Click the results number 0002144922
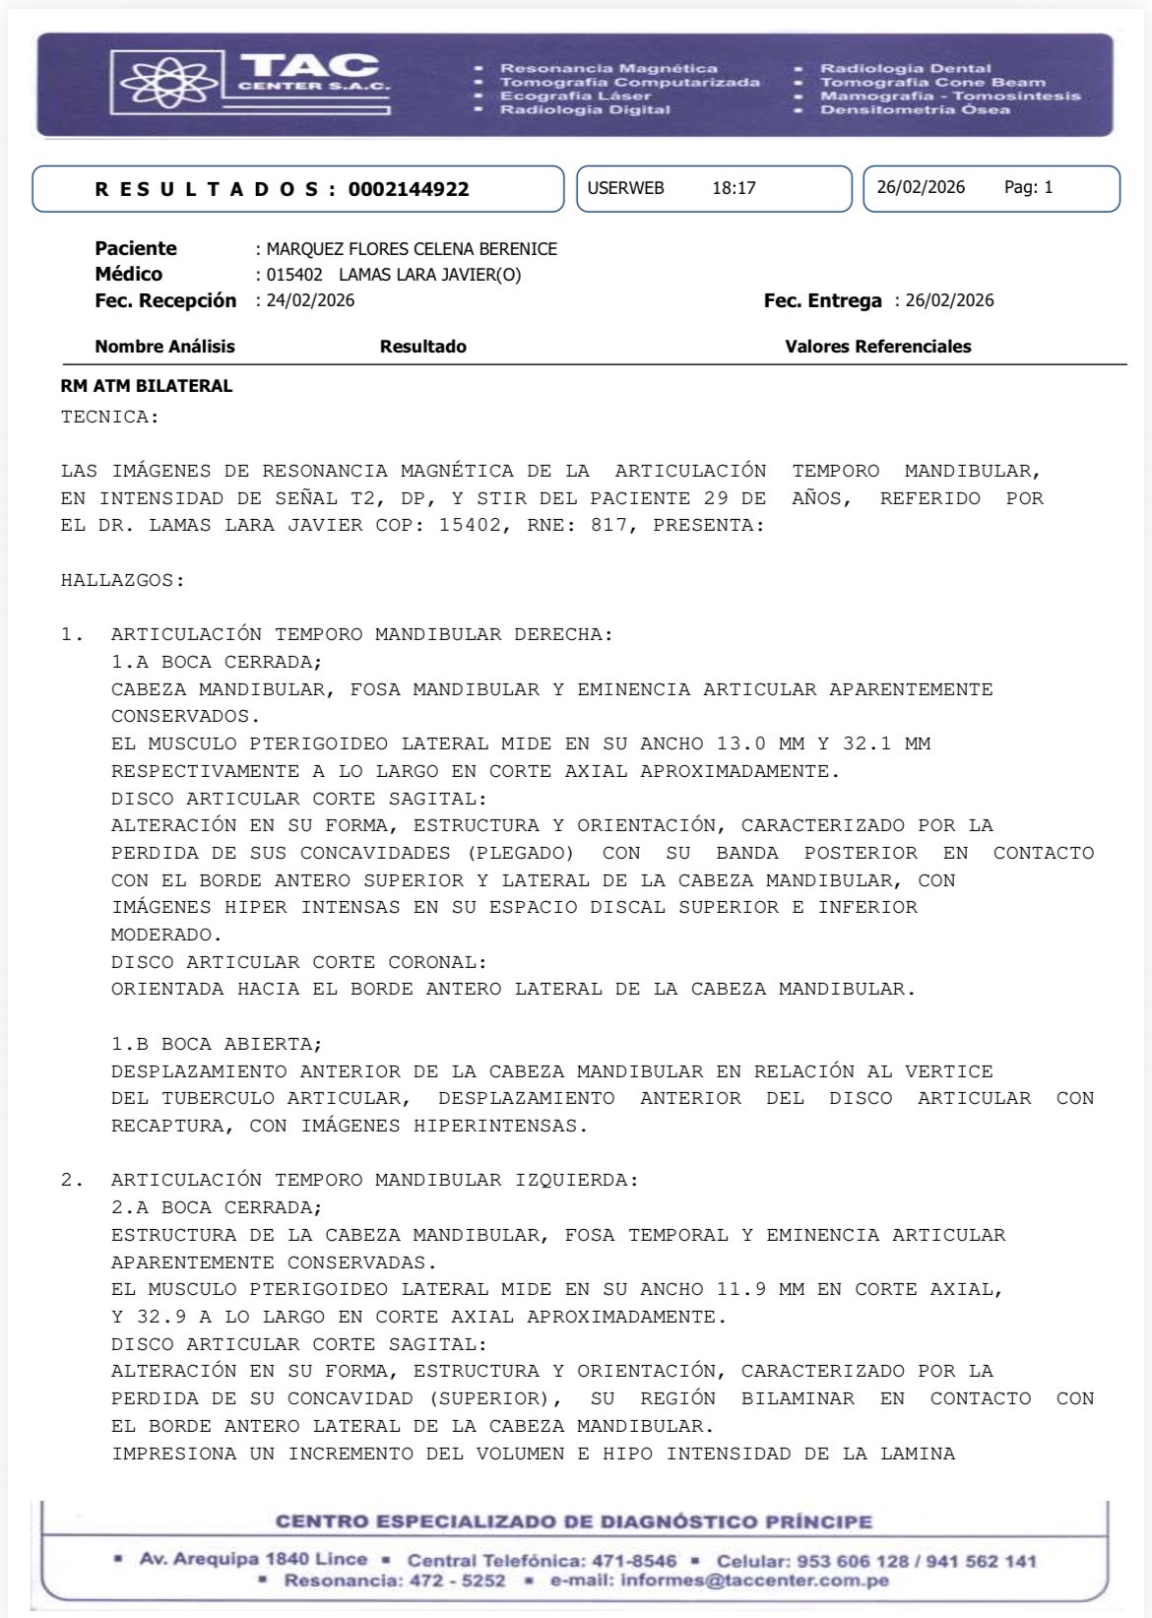coord(409,189)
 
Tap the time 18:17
coord(734,188)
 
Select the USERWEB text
coord(626,188)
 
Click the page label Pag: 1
coord(1028,187)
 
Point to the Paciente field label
coord(136,248)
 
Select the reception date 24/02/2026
coord(310,300)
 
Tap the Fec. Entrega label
coord(822,300)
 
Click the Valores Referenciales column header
coord(877,347)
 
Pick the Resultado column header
coord(423,347)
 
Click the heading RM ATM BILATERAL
coord(147,386)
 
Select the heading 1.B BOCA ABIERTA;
coord(217,1043)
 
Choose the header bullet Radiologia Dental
coord(905,68)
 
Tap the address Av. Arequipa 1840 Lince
coord(253,1559)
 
